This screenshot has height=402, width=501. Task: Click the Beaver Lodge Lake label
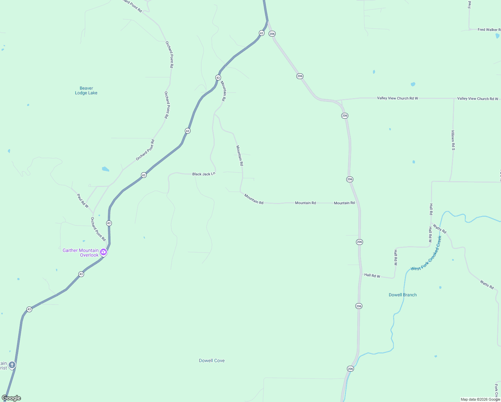point(86,91)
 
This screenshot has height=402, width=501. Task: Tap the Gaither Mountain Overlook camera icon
point(103,252)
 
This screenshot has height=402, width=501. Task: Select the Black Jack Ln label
point(204,174)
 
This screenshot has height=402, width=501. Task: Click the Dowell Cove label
point(212,361)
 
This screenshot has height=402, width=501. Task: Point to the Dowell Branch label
point(403,295)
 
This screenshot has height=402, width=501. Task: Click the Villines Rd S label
point(453,140)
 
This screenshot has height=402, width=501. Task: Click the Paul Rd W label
point(83,201)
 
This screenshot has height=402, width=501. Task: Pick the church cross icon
point(12,365)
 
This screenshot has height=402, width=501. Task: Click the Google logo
point(11,398)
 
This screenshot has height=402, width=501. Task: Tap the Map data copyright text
point(480,399)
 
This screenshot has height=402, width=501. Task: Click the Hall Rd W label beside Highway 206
point(372,276)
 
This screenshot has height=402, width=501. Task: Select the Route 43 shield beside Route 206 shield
point(262,33)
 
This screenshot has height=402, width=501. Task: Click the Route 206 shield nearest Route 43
point(272,34)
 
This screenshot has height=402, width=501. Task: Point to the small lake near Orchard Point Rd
point(105,169)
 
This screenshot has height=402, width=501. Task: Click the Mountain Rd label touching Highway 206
point(344,203)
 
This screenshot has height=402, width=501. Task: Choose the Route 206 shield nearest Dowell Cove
point(350,369)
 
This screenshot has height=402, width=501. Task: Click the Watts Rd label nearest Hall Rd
point(439,229)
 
